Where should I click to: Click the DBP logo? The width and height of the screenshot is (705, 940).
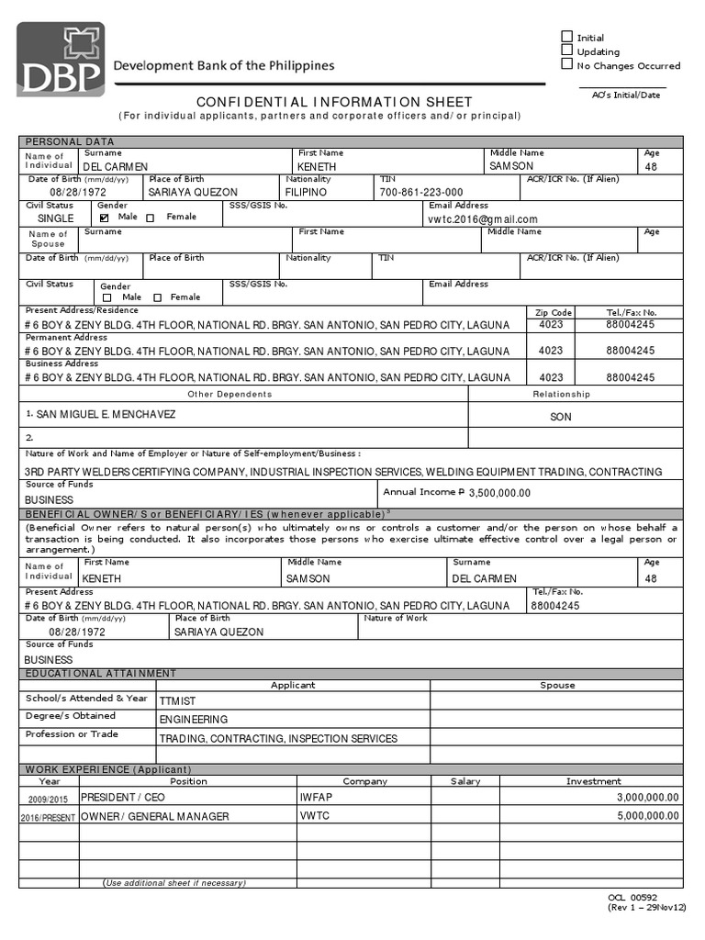coord(60,60)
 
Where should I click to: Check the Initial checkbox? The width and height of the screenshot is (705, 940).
coord(566,37)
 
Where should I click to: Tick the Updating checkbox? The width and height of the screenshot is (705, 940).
coord(566,50)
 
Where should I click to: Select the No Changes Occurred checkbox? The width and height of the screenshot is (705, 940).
coord(566,64)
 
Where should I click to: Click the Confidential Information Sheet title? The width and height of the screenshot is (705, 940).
coord(335,102)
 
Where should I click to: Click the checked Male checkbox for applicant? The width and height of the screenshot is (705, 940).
coord(104,218)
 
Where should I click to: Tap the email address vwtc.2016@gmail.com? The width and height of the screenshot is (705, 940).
coord(483,219)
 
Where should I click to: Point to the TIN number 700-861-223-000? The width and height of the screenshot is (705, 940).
coord(421,193)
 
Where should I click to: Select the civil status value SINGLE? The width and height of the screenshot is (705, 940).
coord(56,219)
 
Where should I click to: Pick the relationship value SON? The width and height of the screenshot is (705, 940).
coord(560,417)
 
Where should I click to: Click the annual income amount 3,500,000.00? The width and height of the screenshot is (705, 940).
coord(499,493)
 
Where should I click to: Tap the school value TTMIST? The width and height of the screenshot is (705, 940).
coord(177,700)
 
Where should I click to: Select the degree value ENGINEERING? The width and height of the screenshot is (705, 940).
coord(194,720)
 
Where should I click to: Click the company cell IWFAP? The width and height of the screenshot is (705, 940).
coord(314,798)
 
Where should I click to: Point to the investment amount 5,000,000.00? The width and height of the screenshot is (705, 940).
coord(648,815)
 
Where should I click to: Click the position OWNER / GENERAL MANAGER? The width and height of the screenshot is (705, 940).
coord(154,816)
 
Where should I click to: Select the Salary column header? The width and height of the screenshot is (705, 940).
coord(465,781)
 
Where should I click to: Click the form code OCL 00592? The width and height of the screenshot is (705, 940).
coord(632,897)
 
